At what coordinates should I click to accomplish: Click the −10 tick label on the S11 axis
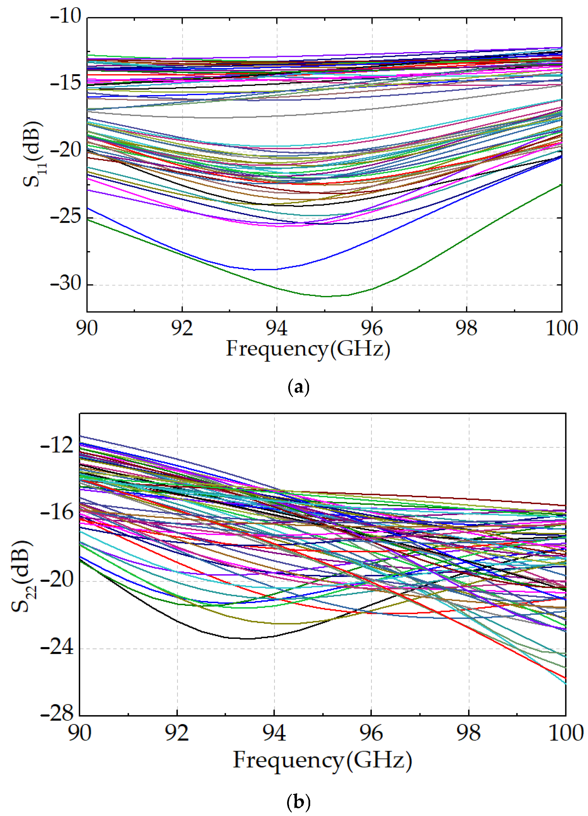[66, 17]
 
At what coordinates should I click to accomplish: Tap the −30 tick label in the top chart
[66, 284]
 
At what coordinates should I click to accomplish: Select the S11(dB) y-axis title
[33, 155]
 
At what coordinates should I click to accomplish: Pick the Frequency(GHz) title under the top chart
[308, 349]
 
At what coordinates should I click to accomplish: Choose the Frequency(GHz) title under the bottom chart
[322, 761]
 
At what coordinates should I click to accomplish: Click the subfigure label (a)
[298, 388]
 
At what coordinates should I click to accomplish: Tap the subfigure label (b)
[298, 802]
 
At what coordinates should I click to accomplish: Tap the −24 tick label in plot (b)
[57, 648]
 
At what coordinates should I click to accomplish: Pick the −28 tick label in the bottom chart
[57, 714]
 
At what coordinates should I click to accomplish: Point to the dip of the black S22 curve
[248, 639]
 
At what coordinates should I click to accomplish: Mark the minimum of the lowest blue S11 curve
[263, 269]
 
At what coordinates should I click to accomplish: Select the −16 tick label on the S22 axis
[57, 513]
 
